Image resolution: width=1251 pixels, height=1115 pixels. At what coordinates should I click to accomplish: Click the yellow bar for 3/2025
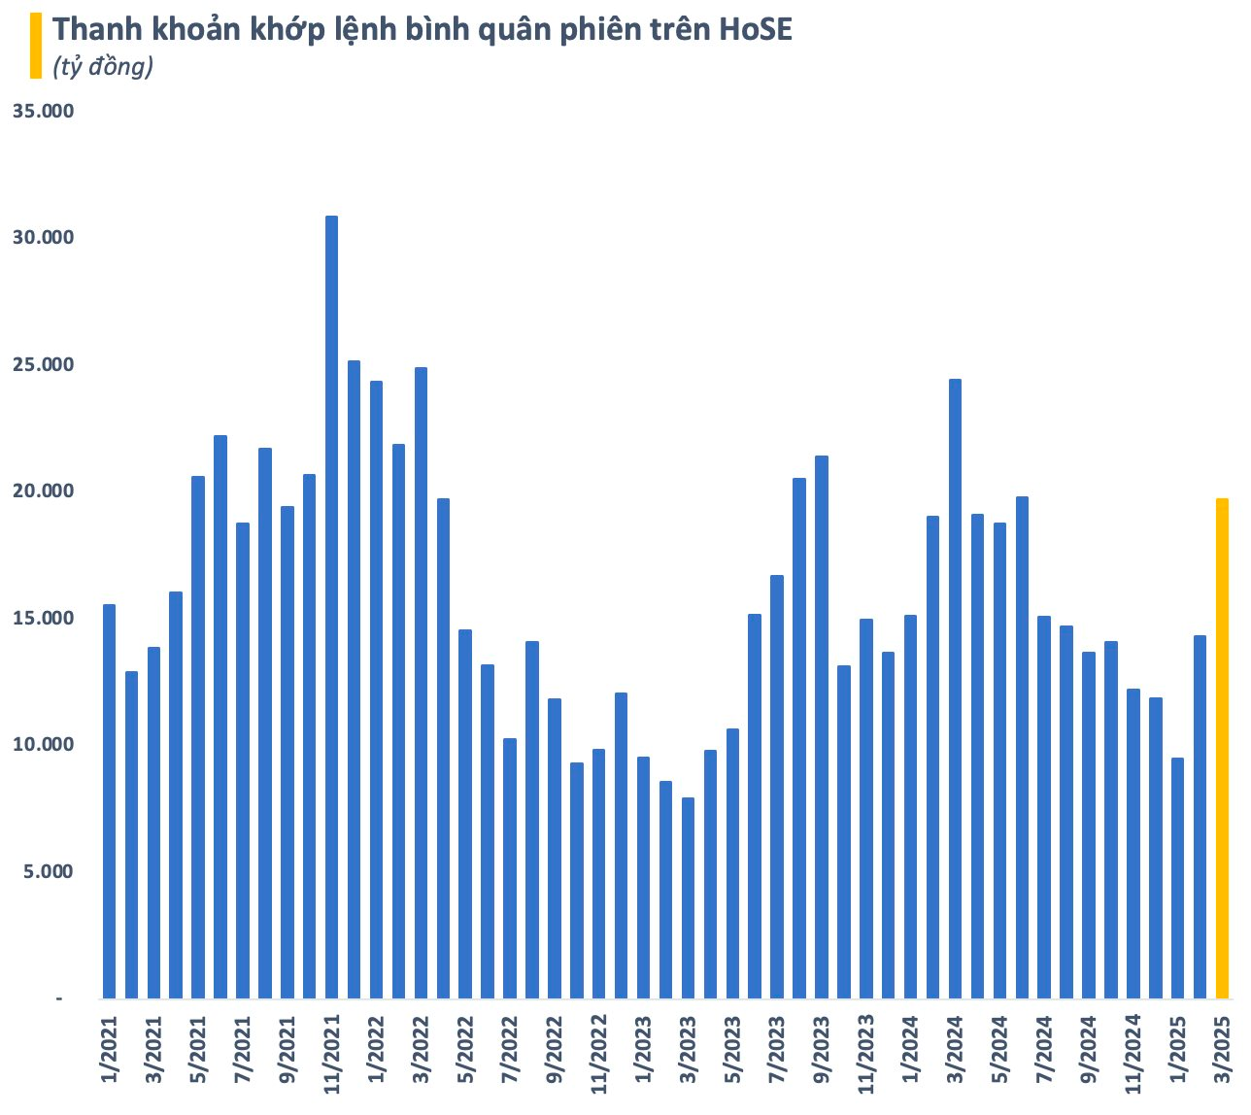pos(1222,748)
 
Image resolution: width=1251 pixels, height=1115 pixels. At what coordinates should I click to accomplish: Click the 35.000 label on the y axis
pos(43,112)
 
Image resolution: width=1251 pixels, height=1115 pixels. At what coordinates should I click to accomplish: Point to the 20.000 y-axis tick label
pos(43,491)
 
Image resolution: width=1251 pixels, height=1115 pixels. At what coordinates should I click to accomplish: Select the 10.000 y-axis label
pos(43,745)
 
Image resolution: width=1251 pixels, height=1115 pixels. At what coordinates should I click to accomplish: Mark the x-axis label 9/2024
pos(1089,1057)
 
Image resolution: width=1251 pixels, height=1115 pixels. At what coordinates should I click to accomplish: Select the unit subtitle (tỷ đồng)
pos(103,68)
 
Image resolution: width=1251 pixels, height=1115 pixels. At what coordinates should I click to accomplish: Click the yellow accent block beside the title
pos(36,45)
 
